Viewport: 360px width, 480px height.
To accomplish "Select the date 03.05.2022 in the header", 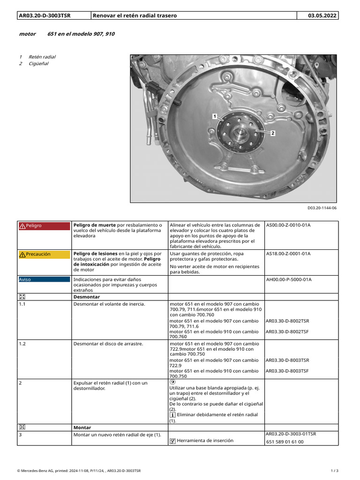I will point(322,15).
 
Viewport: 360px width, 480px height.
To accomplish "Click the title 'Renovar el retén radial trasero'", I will point(135,15).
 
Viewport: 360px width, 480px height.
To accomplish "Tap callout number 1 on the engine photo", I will point(214,116).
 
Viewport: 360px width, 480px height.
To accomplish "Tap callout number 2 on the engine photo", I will point(272,133).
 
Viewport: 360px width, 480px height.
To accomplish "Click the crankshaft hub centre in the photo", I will point(241,134).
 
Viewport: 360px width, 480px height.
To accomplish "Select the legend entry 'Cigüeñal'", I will point(38,64).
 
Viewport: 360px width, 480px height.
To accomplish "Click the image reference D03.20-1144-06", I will point(322,208).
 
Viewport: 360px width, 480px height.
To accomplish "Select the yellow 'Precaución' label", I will point(37,254).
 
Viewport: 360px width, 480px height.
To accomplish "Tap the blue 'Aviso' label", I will point(25,280).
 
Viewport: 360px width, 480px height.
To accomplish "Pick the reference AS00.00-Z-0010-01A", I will point(288,225).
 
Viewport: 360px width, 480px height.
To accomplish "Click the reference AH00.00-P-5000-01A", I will point(289,280).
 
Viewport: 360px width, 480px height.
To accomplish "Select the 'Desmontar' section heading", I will point(87,297).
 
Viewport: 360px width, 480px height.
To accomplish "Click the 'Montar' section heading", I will point(82,427).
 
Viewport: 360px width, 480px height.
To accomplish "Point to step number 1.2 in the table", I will point(22,344).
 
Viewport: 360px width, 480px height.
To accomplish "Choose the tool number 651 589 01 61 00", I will point(285,442).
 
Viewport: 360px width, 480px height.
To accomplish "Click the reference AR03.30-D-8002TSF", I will point(287,331).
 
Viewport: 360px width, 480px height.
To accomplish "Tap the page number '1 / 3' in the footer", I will point(334,470).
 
